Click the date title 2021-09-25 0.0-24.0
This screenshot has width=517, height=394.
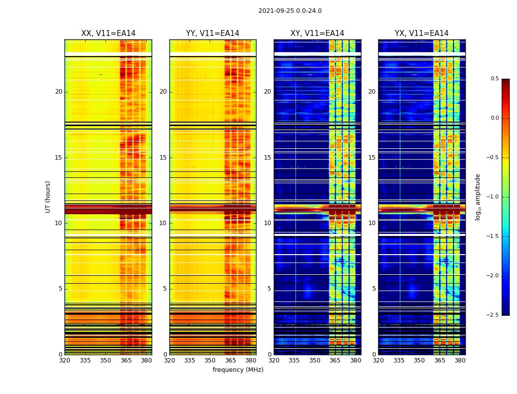pos(290,11)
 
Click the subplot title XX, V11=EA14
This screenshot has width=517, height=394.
pos(108,33)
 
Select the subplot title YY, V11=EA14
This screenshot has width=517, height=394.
pos(213,33)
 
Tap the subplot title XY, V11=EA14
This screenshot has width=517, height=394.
pos(317,33)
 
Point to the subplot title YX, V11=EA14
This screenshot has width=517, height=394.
pos(421,33)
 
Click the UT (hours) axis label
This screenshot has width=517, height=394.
pos(48,197)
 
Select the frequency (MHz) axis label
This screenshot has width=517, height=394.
pos(238,370)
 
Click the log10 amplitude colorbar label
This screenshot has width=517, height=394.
pos(478,197)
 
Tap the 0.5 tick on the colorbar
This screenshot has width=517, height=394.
pos(494,79)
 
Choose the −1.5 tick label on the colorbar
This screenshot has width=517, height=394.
pos(493,236)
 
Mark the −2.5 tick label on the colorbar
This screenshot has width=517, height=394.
pos(493,315)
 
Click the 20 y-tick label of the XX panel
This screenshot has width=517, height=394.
pos(59,92)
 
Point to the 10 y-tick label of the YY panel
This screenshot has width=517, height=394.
pos(163,223)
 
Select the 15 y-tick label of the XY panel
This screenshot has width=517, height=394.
pos(267,158)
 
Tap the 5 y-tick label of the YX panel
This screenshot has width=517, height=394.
pos(374,289)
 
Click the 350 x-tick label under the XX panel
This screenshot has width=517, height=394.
pos(105,361)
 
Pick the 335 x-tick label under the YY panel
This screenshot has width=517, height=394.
pos(190,361)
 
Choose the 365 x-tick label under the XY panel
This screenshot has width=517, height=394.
pos(335,361)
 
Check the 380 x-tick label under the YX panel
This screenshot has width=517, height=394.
pos(460,361)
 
